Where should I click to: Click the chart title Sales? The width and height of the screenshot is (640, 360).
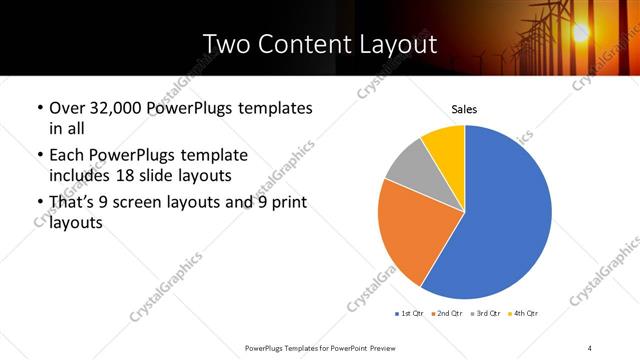pyautogui.click(x=464, y=107)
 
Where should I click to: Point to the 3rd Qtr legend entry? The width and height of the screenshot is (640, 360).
pyautogui.click(x=484, y=314)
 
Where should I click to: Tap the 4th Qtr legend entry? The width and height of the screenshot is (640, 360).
pyautogui.click(x=523, y=314)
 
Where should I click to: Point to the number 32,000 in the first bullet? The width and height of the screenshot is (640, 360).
pyautogui.click(x=116, y=107)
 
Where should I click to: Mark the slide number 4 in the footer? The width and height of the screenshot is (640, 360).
pyautogui.click(x=590, y=347)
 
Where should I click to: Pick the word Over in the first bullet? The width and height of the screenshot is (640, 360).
pyautogui.click(x=67, y=107)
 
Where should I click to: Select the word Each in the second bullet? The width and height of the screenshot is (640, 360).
pyautogui.click(x=67, y=155)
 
